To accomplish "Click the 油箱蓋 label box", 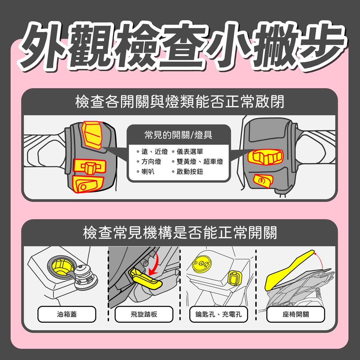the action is click(67, 314).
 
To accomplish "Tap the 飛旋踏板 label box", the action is click(144, 314).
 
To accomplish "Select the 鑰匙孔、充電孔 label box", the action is click(219, 314).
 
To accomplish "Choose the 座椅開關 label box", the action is click(295, 314).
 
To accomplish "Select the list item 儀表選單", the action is click(188, 152).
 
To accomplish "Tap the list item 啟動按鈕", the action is click(188, 172).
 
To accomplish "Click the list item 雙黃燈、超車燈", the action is click(197, 162).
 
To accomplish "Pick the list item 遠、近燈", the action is click(152, 152).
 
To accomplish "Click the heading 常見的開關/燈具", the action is click(178, 135).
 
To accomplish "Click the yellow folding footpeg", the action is click(145, 278).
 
